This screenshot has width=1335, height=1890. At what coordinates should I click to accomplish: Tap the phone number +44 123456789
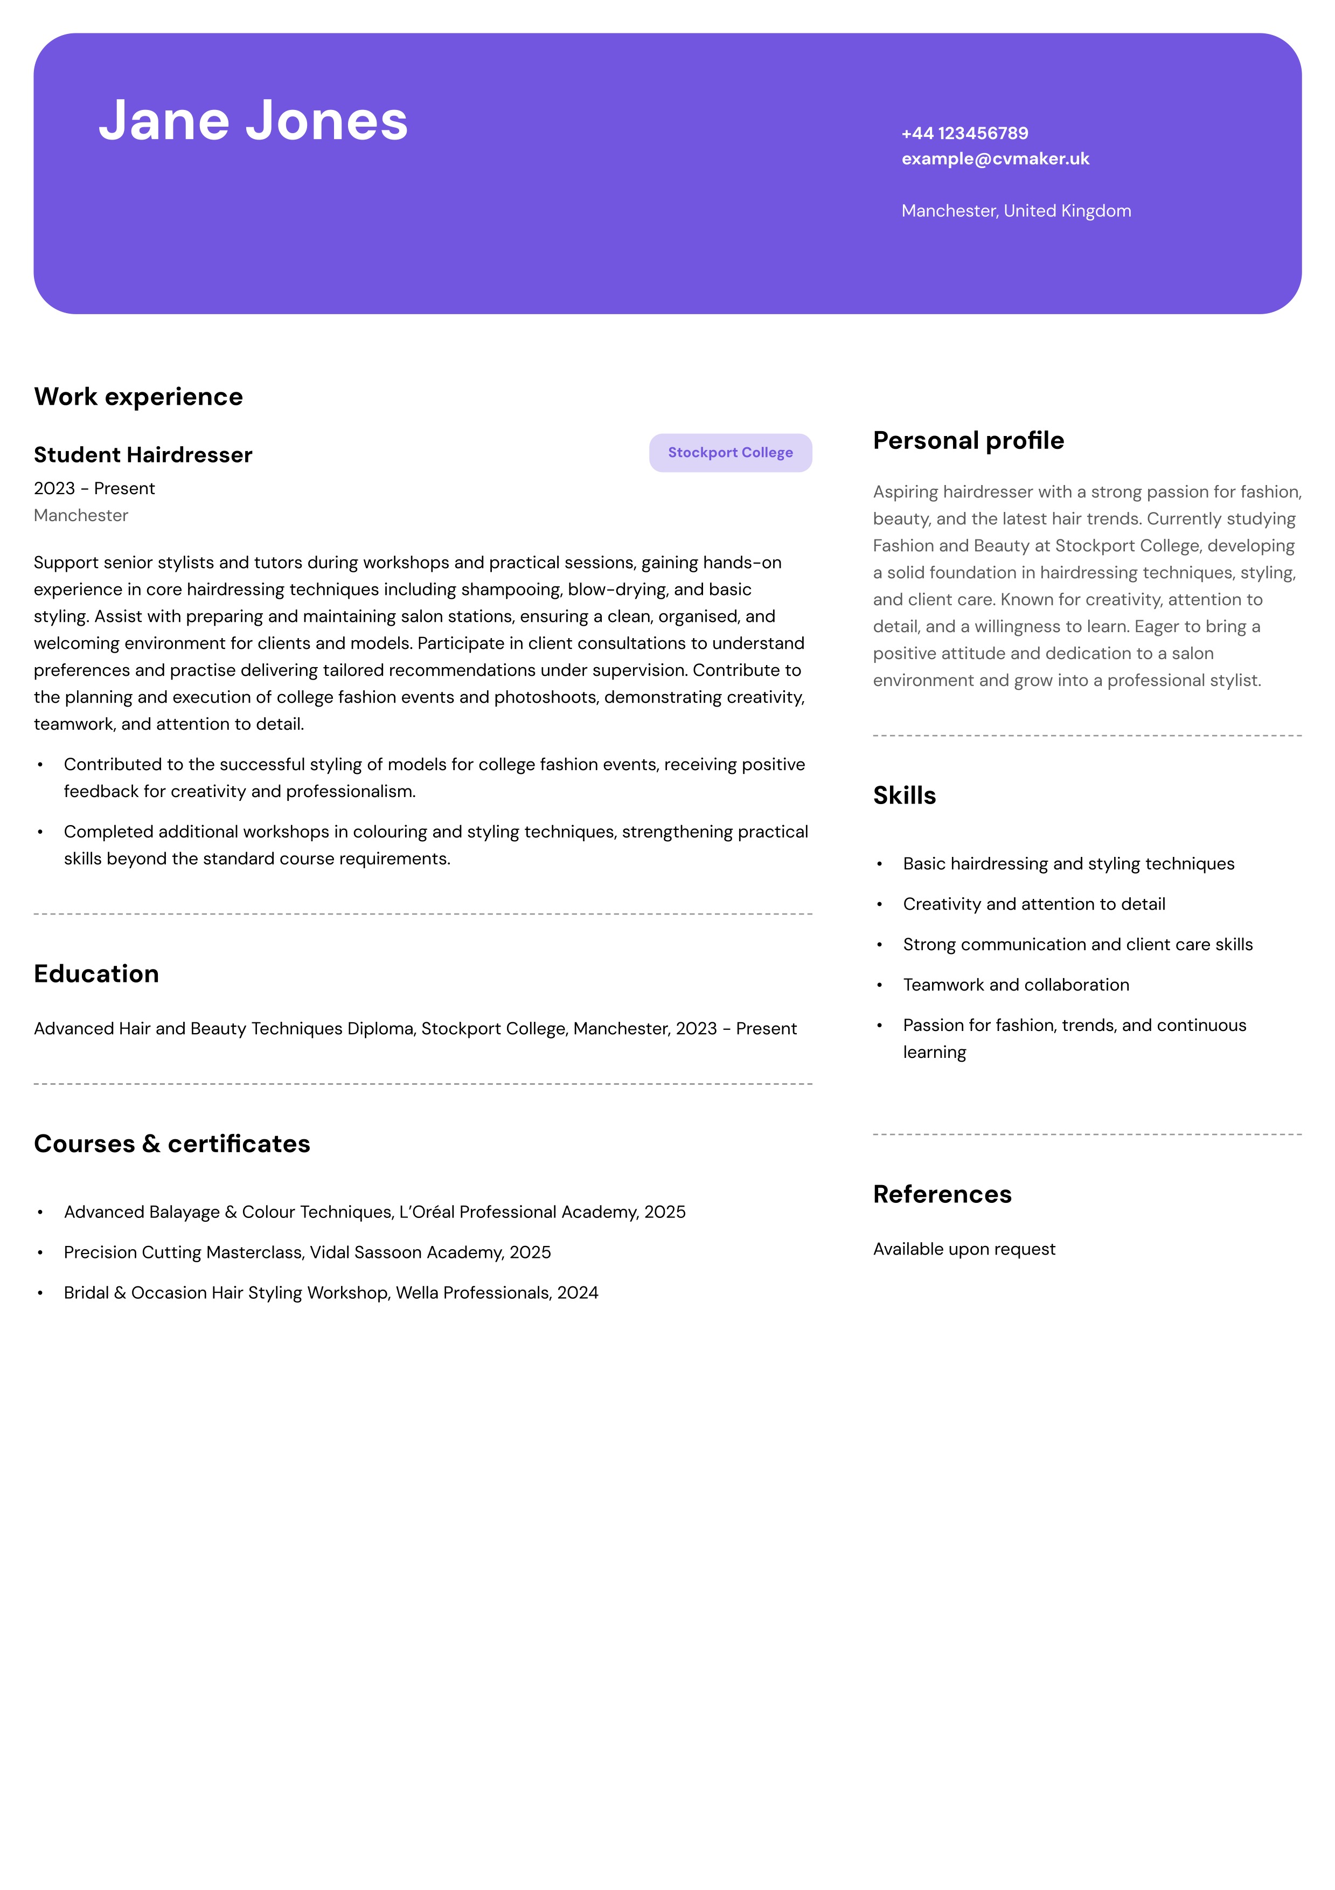pos(965,133)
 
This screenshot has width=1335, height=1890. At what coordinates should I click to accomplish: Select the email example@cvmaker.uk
pos(995,159)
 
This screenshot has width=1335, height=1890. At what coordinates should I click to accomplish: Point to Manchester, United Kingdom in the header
pos(1016,211)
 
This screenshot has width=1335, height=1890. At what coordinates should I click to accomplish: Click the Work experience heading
pos(138,397)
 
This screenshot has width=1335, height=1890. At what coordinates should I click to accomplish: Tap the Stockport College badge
pos(730,453)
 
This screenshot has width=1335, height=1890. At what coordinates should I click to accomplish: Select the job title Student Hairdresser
pos(143,455)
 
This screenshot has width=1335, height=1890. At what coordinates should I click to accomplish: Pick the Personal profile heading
pos(968,440)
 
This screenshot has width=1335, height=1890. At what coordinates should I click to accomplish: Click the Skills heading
pos(903,795)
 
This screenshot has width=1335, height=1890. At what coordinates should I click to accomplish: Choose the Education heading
pos(96,974)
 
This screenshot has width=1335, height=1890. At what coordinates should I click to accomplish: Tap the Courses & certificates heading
pos(172,1144)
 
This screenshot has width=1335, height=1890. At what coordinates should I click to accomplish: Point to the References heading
pos(942,1194)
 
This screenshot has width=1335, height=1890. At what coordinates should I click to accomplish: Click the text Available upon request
pos(964,1250)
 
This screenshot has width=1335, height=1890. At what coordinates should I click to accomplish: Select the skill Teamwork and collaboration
pos(1016,985)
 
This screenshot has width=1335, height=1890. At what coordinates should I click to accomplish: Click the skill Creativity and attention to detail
pos(1034,905)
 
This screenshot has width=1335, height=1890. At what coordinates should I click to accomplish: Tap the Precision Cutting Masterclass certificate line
pos(307,1253)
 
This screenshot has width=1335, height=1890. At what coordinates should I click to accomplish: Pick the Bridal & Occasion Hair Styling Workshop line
pos(331,1293)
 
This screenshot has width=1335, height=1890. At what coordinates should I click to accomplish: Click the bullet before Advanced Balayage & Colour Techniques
pos(40,1213)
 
